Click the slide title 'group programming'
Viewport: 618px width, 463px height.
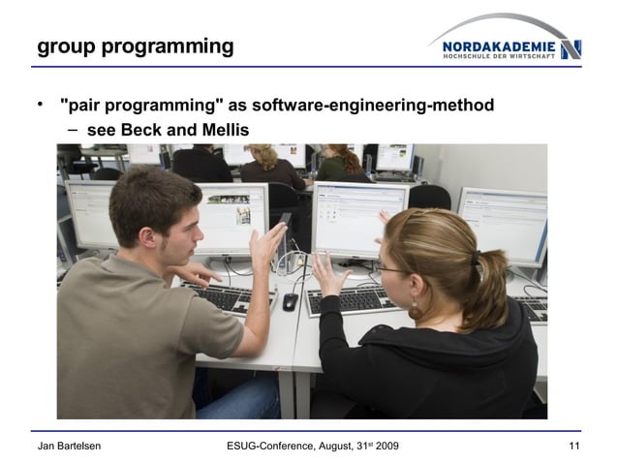tap(135, 46)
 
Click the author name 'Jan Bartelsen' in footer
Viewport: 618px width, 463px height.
tap(69, 445)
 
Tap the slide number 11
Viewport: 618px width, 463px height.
tap(572, 445)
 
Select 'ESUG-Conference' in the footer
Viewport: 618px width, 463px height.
tap(272, 445)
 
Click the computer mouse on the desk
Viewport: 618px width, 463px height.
tap(290, 301)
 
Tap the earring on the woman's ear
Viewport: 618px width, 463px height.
tap(416, 309)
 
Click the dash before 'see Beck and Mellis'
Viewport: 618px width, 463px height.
tap(73, 130)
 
